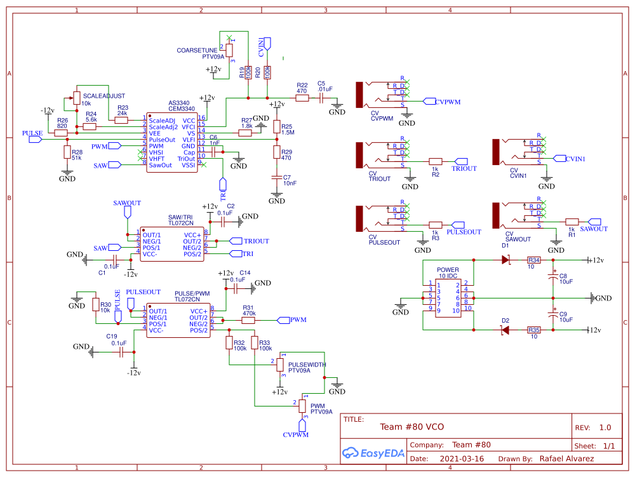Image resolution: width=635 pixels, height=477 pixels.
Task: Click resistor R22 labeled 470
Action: coord(302,98)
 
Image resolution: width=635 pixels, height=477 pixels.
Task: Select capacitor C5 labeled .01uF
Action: coord(321,98)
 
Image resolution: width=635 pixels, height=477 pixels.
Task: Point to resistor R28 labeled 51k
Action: coord(67,152)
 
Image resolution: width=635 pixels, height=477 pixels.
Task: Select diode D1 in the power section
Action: coord(506,260)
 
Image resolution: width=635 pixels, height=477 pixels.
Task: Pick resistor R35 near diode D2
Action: coord(534,330)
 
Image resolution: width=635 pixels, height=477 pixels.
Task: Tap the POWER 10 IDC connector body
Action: coord(448,297)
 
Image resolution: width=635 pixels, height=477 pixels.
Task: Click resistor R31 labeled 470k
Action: coord(248,321)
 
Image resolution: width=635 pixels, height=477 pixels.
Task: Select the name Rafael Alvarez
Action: coord(566,459)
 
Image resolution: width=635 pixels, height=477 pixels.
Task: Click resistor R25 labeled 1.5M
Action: coord(277,128)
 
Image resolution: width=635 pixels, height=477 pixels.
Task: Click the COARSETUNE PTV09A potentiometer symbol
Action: coord(229,49)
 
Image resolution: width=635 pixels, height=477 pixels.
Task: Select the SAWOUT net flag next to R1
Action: coord(593,229)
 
